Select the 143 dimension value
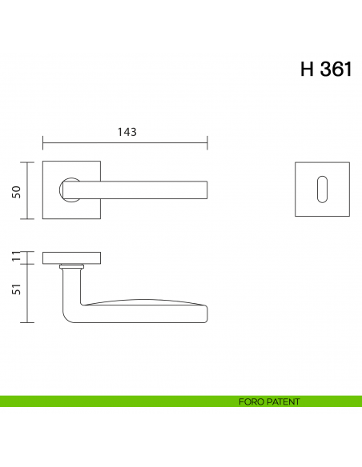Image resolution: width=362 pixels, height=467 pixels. click(125, 133)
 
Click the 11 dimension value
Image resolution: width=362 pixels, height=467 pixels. click(15, 257)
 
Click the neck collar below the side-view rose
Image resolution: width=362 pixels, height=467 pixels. click(71, 265)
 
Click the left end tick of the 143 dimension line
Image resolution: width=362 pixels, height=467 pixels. click(42, 143)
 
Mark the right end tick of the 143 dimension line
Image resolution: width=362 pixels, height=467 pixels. click(207, 143)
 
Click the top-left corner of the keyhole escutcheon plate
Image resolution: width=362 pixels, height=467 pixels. click(296, 163)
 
